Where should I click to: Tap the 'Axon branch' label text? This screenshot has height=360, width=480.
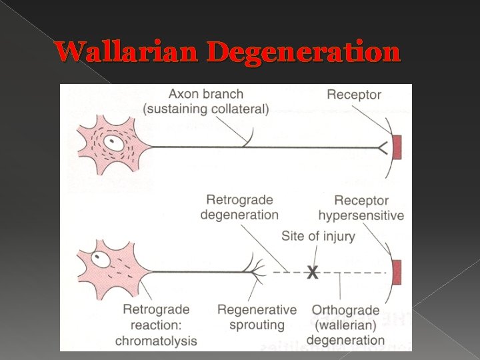coord(206,95)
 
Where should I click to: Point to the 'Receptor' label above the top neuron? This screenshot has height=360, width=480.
coord(353,95)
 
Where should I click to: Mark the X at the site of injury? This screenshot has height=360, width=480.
coord(311,273)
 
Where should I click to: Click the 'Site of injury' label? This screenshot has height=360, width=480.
coord(318,236)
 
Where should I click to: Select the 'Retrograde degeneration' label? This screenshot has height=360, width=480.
coord(239,207)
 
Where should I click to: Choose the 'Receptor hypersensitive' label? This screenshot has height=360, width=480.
coord(361,208)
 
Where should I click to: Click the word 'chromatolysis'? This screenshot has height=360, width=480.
coord(156,341)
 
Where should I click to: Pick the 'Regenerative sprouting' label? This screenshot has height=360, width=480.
coord(257,318)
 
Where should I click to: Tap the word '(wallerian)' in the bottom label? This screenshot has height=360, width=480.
coord(345,325)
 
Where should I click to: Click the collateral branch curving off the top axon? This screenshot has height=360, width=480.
coord(248,137)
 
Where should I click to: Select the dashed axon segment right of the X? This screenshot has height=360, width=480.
coord(353,273)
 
